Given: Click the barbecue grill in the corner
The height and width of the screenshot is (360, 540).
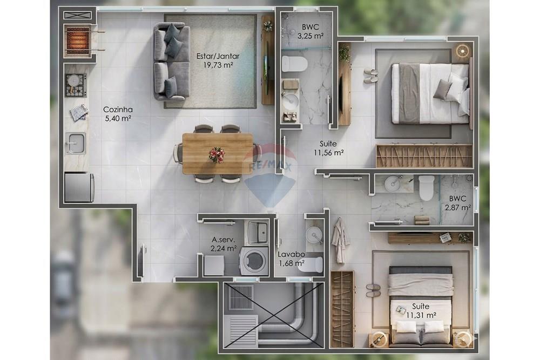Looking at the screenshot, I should coord(78,39).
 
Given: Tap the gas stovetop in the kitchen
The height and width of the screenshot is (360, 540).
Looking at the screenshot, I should coord(76,85).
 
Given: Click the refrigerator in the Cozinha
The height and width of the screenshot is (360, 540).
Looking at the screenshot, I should coord(79,187).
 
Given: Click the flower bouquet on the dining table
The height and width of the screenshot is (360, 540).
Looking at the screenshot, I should coord(217,154).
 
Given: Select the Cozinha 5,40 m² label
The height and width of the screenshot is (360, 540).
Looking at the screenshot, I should coord(118,114).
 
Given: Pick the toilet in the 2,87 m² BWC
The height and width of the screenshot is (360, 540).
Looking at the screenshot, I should coord(427,187).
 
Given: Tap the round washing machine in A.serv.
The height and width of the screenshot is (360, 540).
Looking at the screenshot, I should coord(254,261).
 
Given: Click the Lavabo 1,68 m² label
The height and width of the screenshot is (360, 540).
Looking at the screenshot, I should coord(292,259).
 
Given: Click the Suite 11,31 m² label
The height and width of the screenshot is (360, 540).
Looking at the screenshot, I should coord(421,310).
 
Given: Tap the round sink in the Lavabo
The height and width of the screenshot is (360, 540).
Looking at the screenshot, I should coord(314,235).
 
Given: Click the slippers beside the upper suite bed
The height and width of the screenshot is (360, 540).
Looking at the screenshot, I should coord(370,76).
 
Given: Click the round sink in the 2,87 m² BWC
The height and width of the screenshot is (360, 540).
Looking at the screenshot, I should coord(394,184).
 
